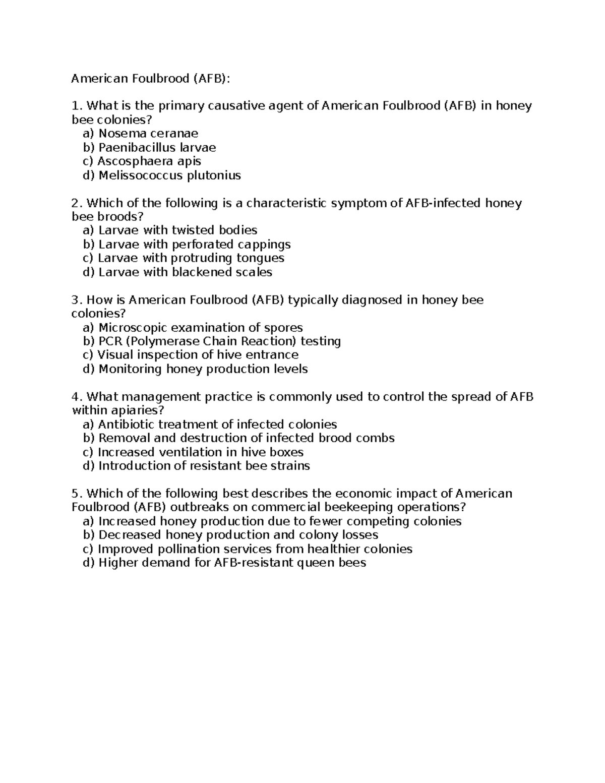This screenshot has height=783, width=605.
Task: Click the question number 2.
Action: click(x=76, y=203)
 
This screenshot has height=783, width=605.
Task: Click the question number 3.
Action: click(x=76, y=300)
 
